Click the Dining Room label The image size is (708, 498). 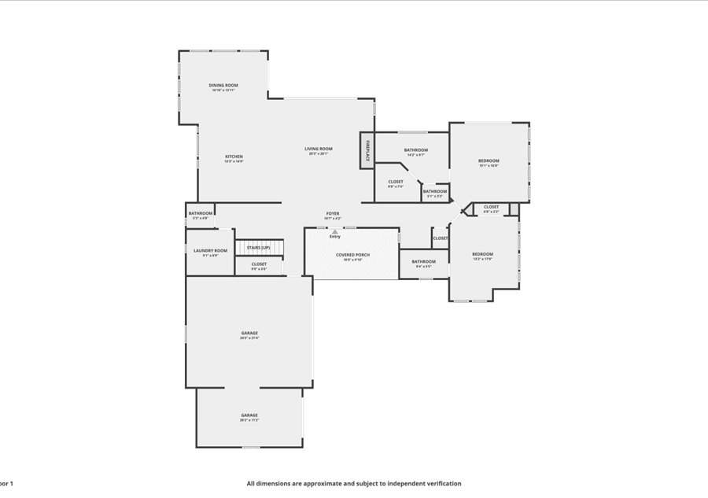[223, 85]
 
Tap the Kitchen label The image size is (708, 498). [234, 156]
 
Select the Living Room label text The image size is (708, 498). [319, 149]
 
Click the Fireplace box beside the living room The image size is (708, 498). [366, 149]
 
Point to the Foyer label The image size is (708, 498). [333, 213]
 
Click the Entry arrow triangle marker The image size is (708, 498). [335, 231]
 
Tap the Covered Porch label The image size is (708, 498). [352, 255]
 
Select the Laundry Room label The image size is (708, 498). [210, 250]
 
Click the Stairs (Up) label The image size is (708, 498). [259, 247]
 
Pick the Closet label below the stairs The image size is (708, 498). [259, 264]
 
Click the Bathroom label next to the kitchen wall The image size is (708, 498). [200, 213]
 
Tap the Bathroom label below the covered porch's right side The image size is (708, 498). [423, 261]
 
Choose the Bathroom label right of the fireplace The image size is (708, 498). [416, 149]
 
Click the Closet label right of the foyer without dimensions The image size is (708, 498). [441, 238]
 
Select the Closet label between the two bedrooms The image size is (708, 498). [491, 207]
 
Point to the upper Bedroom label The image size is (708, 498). [489, 160]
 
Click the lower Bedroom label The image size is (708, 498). [482, 253]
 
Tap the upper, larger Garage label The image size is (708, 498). [249, 333]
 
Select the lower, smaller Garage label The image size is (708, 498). [249, 415]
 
